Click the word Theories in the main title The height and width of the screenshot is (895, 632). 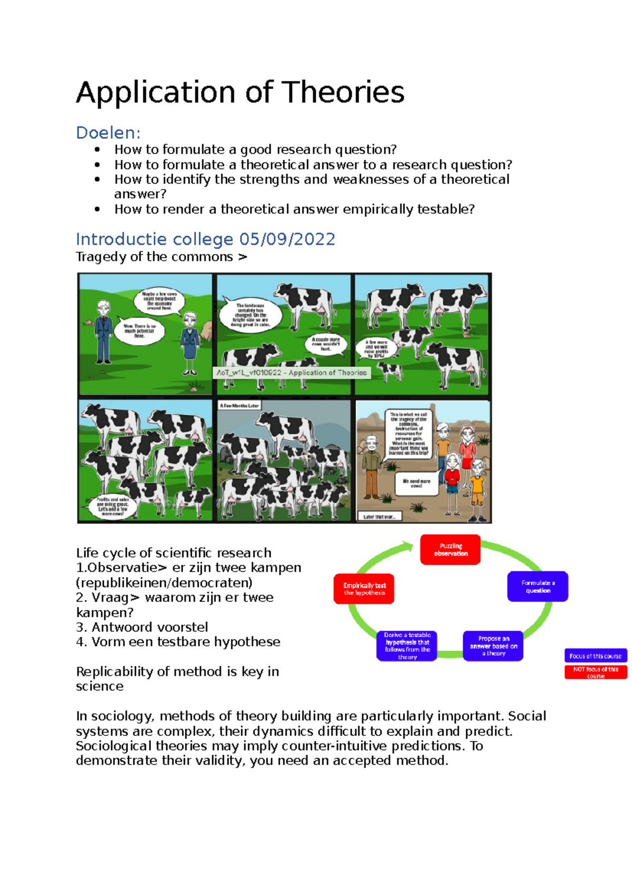(x=343, y=92)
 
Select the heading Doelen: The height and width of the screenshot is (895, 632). (x=108, y=132)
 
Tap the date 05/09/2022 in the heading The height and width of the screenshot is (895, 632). (x=287, y=239)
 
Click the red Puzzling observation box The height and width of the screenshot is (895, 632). (x=450, y=550)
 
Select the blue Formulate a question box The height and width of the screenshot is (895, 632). (x=537, y=586)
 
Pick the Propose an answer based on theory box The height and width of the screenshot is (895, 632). (x=493, y=646)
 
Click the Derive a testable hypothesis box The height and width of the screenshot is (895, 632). (x=407, y=646)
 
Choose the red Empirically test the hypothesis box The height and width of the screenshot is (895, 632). (x=364, y=589)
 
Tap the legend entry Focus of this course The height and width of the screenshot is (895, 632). (x=595, y=656)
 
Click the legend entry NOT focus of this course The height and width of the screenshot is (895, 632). (x=595, y=672)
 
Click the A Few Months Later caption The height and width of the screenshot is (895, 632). (x=240, y=405)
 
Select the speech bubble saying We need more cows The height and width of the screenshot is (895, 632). (x=416, y=483)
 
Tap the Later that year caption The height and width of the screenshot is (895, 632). (x=379, y=517)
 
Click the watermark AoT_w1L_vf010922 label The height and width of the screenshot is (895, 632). (x=292, y=373)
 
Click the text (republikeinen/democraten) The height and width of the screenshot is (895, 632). (x=164, y=582)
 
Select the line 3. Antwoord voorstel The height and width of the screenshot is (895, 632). (x=142, y=627)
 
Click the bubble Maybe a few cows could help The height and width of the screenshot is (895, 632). (x=160, y=301)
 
